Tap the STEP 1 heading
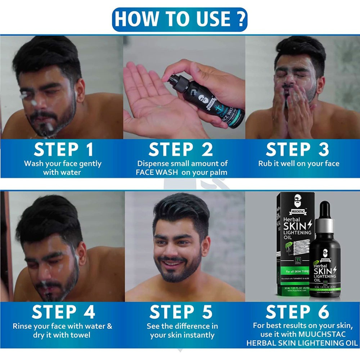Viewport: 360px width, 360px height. pyautogui.click(x=63, y=150)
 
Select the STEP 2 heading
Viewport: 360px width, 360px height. pyautogui.click(x=181, y=150)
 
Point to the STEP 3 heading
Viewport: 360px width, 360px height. pyautogui.click(x=297, y=150)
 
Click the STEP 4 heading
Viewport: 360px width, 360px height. pyautogui.click(x=63, y=312)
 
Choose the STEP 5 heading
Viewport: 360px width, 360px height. pyautogui.click(x=181, y=312)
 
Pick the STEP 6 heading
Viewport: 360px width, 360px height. pyautogui.click(x=297, y=312)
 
